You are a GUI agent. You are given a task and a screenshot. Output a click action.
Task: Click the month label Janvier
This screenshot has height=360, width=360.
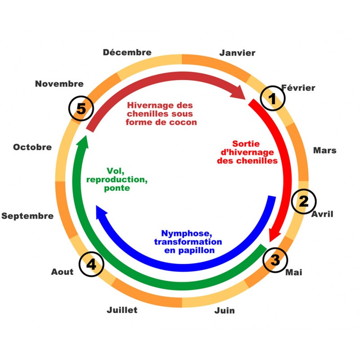pos(237,53)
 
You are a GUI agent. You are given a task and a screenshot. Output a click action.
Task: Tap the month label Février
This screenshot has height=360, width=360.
pos(298,88)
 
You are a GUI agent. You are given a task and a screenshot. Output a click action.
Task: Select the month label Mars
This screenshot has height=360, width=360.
pos(325,150)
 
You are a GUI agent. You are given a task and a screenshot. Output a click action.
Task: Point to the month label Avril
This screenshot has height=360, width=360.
pos(322,214)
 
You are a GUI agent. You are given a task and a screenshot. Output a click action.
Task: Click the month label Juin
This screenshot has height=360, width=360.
pos(225,310)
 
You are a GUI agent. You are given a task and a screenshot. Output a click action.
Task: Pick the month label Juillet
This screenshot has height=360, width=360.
pos(122,310)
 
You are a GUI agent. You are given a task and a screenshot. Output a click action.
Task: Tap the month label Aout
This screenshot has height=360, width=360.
pos(62,272)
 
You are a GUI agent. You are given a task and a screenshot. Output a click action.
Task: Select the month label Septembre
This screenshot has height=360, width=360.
pos(27,216)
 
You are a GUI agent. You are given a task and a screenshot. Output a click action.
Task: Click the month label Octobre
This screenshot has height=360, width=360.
pos(32,147)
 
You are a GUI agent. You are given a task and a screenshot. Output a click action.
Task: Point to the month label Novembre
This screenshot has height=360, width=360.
pos(59,84)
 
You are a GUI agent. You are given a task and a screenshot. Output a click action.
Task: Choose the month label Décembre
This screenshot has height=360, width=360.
pos(127,52)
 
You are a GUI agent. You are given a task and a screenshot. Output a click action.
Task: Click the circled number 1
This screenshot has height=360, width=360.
pos(273,99)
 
